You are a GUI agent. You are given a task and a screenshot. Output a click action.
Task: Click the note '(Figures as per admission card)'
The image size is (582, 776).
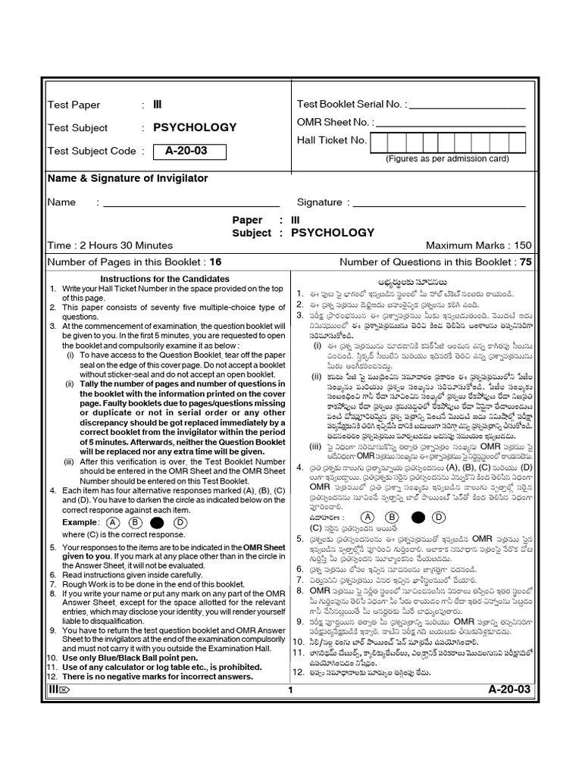pyautogui.click(x=447, y=159)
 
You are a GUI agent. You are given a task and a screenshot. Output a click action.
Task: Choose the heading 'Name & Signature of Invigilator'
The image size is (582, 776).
pyautogui.click(x=127, y=178)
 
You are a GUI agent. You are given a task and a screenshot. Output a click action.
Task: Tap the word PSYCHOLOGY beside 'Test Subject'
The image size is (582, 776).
pyautogui.click(x=195, y=127)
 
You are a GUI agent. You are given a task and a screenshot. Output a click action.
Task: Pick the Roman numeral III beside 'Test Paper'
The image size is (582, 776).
pyautogui.click(x=158, y=105)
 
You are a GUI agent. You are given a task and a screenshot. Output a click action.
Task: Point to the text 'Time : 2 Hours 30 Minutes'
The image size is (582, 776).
pyautogui.click(x=110, y=246)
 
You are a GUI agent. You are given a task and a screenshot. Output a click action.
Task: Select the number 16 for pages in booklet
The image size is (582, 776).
pyautogui.click(x=215, y=262)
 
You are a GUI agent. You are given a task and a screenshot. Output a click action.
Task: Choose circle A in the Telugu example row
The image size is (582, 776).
pyautogui.click(x=368, y=517)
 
